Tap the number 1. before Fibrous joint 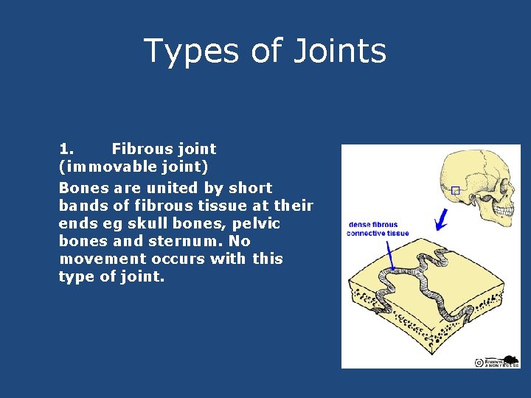click(x=66, y=150)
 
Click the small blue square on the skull click(x=455, y=191)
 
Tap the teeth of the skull click(x=506, y=214)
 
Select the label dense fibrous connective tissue click(x=378, y=229)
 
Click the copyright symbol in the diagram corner click(x=479, y=362)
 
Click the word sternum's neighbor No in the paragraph click(x=241, y=242)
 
